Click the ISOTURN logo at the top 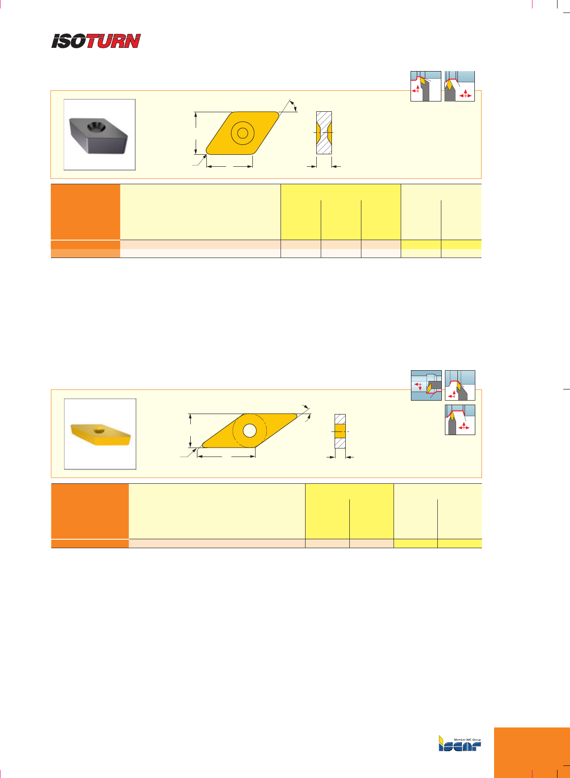(x=96, y=41)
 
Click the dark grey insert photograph (x=99, y=135)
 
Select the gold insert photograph (x=101, y=434)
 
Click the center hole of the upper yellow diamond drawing (x=243, y=133)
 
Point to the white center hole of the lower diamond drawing (x=250, y=431)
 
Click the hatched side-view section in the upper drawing (x=324, y=133)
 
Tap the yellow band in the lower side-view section (x=340, y=431)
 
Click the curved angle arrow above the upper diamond (x=293, y=106)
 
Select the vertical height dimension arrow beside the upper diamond (x=196, y=133)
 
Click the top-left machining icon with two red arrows (x=426, y=86)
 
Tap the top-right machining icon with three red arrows (x=460, y=86)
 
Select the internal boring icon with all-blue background (x=426, y=385)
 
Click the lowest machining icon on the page (x=460, y=420)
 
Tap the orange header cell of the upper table (x=85, y=212)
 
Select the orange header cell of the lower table (x=90, y=511)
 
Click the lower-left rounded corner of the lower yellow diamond (x=203, y=445)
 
